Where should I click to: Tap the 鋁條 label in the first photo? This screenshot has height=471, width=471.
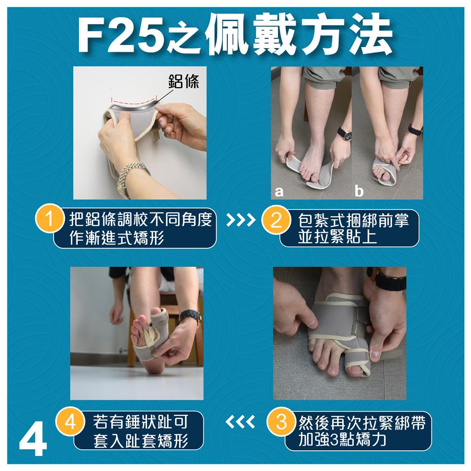184,81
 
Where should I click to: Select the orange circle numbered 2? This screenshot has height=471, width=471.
276,220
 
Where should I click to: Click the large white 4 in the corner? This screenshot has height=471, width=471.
33,442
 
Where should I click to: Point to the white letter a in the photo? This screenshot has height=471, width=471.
279,191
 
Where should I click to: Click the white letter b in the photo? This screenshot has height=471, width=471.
359,190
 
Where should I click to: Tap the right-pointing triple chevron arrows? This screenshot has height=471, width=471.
241,220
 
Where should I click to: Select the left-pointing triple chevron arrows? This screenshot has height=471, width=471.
240,422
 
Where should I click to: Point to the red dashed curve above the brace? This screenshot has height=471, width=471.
134,101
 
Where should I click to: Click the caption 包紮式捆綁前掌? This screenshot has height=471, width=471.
353,220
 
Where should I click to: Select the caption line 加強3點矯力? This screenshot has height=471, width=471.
342,440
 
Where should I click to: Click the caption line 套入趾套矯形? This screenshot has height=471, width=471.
140,441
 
